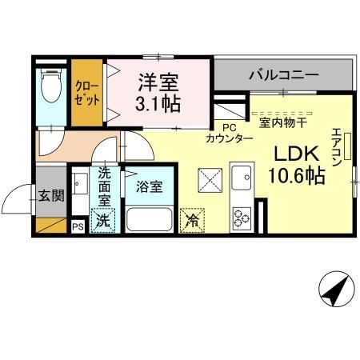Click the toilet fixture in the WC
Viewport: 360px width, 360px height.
[52, 85]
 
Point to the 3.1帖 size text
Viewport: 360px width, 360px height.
[158, 103]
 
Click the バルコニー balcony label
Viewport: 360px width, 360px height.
[282, 76]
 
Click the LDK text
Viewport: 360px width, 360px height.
[298, 154]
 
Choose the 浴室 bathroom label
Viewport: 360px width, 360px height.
[149, 188]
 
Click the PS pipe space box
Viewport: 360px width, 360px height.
[78, 226]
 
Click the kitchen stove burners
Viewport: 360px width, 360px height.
[242, 216]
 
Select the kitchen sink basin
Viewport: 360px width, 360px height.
[241, 176]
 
